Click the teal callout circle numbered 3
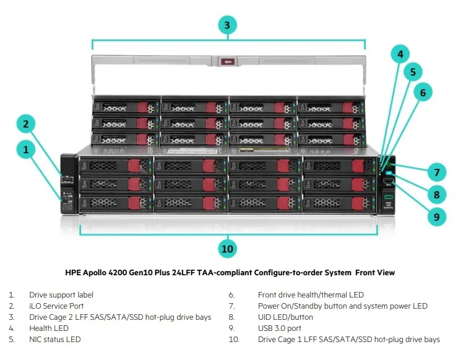[228, 25]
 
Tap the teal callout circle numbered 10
[228, 249]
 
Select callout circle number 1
[25, 149]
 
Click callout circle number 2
[25, 124]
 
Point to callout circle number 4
[400, 54]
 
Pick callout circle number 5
[413, 72]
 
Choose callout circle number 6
[423, 93]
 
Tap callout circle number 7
[436, 173]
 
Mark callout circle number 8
[436, 195]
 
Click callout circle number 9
[436, 216]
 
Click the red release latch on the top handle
[228, 61]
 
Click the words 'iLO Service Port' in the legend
[56, 306]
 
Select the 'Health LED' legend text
[49, 328]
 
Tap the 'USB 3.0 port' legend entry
[280, 328]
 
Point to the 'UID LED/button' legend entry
[285, 317]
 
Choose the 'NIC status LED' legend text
[54, 340]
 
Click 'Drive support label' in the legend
[60, 295]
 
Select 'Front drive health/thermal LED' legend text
[311, 295]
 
